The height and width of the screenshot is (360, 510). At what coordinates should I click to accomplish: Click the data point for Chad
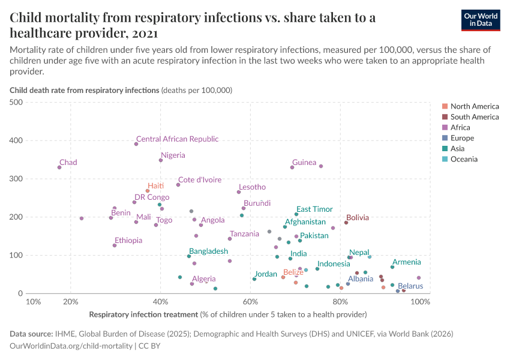[x=59, y=167]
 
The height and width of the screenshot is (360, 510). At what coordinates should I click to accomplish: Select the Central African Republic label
[x=177, y=139]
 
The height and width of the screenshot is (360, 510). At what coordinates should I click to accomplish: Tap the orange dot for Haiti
[x=148, y=191]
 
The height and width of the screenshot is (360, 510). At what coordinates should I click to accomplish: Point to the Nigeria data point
[x=161, y=160]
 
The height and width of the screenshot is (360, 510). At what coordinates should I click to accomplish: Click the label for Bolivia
[x=358, y=218]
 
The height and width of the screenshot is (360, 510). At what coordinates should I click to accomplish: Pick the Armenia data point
[x=392, y=267]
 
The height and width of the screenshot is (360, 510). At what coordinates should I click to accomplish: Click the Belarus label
[x=410, y=286]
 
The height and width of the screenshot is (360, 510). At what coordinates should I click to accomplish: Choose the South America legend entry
[x=474, y=117]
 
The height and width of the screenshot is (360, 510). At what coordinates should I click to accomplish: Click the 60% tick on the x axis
[x=250, y=302]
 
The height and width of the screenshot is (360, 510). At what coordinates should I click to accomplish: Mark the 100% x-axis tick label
[x=421, y=302]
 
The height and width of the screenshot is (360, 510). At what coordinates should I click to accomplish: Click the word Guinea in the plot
[x=304, y=163]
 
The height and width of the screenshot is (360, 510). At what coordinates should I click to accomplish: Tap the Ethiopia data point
[x=115, y=245]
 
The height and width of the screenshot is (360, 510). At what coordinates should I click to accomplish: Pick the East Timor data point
[x=296, y=214]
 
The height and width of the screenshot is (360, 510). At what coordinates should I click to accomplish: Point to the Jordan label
[x=265, y=274]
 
